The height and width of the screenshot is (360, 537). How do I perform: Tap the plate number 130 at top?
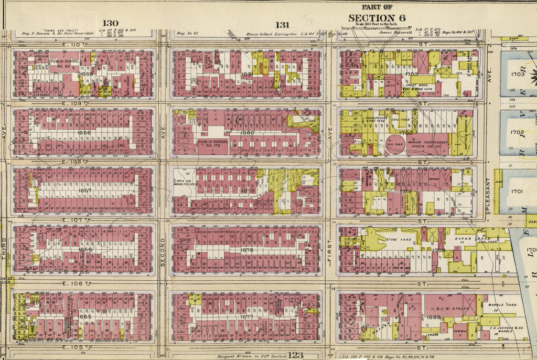coord(111,23)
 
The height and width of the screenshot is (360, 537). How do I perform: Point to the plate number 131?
coord(282,24)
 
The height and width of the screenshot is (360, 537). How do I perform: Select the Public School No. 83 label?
coord(65,65)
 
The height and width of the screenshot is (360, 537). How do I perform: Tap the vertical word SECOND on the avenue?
coord(163,252)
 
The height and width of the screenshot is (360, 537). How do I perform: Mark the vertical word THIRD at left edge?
coord(4,258)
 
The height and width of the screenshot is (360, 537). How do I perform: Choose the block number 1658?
coord(84,133)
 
